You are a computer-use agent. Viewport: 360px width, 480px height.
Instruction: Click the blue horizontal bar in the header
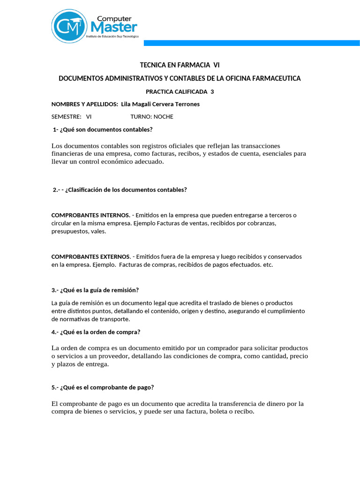click(251, 43)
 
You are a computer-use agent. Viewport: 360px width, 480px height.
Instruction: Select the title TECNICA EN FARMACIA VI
click(180, 65)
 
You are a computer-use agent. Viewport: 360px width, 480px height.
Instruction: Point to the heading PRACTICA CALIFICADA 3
click(180, 91)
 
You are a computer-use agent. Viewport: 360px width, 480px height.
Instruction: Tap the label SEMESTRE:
click(66, 117)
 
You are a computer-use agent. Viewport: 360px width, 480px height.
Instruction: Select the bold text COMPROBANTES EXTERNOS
click(90, 257)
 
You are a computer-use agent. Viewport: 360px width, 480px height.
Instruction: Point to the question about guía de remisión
click(95, 290)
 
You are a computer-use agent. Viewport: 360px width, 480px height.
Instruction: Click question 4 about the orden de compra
click(96, 332)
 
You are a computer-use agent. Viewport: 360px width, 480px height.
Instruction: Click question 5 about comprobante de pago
click(103, 387)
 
